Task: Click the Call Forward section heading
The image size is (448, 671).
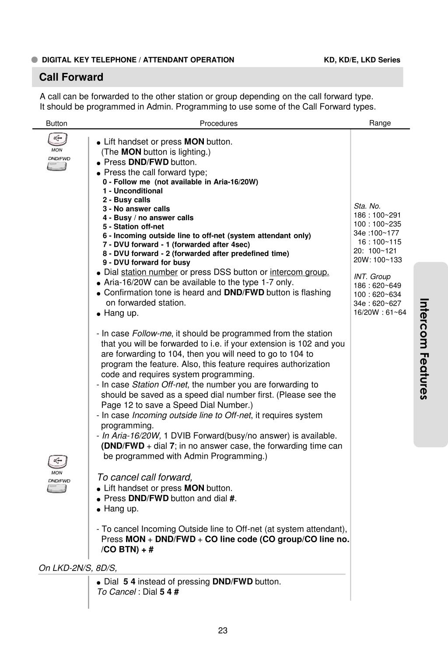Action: point(71,77)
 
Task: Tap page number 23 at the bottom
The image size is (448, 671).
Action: point(223,630)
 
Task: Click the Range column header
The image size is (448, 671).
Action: point(380,123)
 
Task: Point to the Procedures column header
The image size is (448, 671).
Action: point(218,124)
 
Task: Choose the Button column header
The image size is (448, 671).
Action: point(56,124)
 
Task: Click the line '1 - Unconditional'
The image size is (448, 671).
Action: point(133,191)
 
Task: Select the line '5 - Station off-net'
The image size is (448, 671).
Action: point(133,227)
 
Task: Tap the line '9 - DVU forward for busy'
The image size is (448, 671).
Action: point(146,263)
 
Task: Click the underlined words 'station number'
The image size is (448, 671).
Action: point(149,272)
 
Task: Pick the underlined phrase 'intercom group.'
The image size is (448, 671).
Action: point(299,272)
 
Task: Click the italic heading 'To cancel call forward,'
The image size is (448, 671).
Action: point(145,477)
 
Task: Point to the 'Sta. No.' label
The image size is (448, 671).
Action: point(367,206)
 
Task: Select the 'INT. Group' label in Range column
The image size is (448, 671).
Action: point(372,277)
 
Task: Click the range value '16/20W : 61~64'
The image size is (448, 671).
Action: point(380,312)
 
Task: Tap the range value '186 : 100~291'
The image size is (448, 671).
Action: point(377,215)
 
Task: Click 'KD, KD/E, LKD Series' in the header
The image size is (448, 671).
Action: point(362,60)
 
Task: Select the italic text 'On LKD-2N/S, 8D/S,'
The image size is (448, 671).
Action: point(78,568)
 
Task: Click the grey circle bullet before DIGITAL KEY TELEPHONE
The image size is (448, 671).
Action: point(35,60)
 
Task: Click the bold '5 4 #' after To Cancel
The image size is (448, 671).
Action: point(169,592)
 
